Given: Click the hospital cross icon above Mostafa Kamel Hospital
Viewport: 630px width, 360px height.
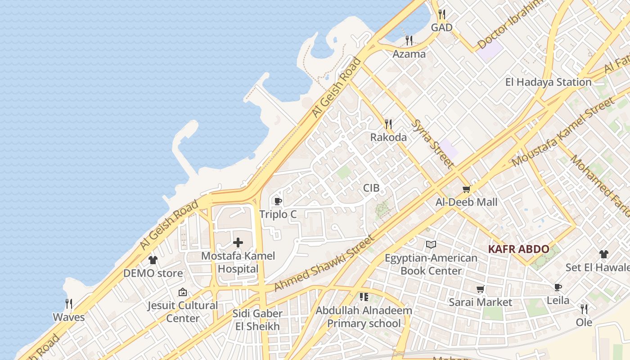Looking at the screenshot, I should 238,243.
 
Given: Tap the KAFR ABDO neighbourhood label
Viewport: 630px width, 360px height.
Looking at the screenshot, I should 518,249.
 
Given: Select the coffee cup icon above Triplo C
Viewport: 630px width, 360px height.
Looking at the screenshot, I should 278,201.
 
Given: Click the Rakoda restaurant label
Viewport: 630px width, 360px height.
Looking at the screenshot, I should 388,137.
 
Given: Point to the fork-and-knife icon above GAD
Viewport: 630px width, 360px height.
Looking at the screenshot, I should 442,14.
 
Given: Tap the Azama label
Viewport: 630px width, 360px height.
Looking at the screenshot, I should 409,54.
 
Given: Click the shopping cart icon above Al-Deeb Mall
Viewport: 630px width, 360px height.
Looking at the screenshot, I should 466,189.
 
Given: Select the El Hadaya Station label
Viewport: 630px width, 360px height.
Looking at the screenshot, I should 548,82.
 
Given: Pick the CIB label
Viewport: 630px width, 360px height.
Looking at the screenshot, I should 371,188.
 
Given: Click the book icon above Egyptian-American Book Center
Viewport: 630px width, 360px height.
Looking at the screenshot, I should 431,245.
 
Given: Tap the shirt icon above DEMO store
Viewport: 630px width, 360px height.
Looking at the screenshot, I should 153,260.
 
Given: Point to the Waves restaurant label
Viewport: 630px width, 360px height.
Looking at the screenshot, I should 69,317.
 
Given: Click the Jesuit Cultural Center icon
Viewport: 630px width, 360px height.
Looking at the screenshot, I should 182,292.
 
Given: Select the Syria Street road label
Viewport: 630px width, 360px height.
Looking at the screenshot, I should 432,144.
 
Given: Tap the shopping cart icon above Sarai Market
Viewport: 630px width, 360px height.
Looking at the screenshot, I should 480,289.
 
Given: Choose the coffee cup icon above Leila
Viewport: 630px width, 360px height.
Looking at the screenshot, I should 558,287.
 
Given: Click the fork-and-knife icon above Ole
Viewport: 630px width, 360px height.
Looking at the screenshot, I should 584,309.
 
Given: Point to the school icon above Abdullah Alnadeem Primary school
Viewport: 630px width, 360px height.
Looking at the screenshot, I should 364,297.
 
